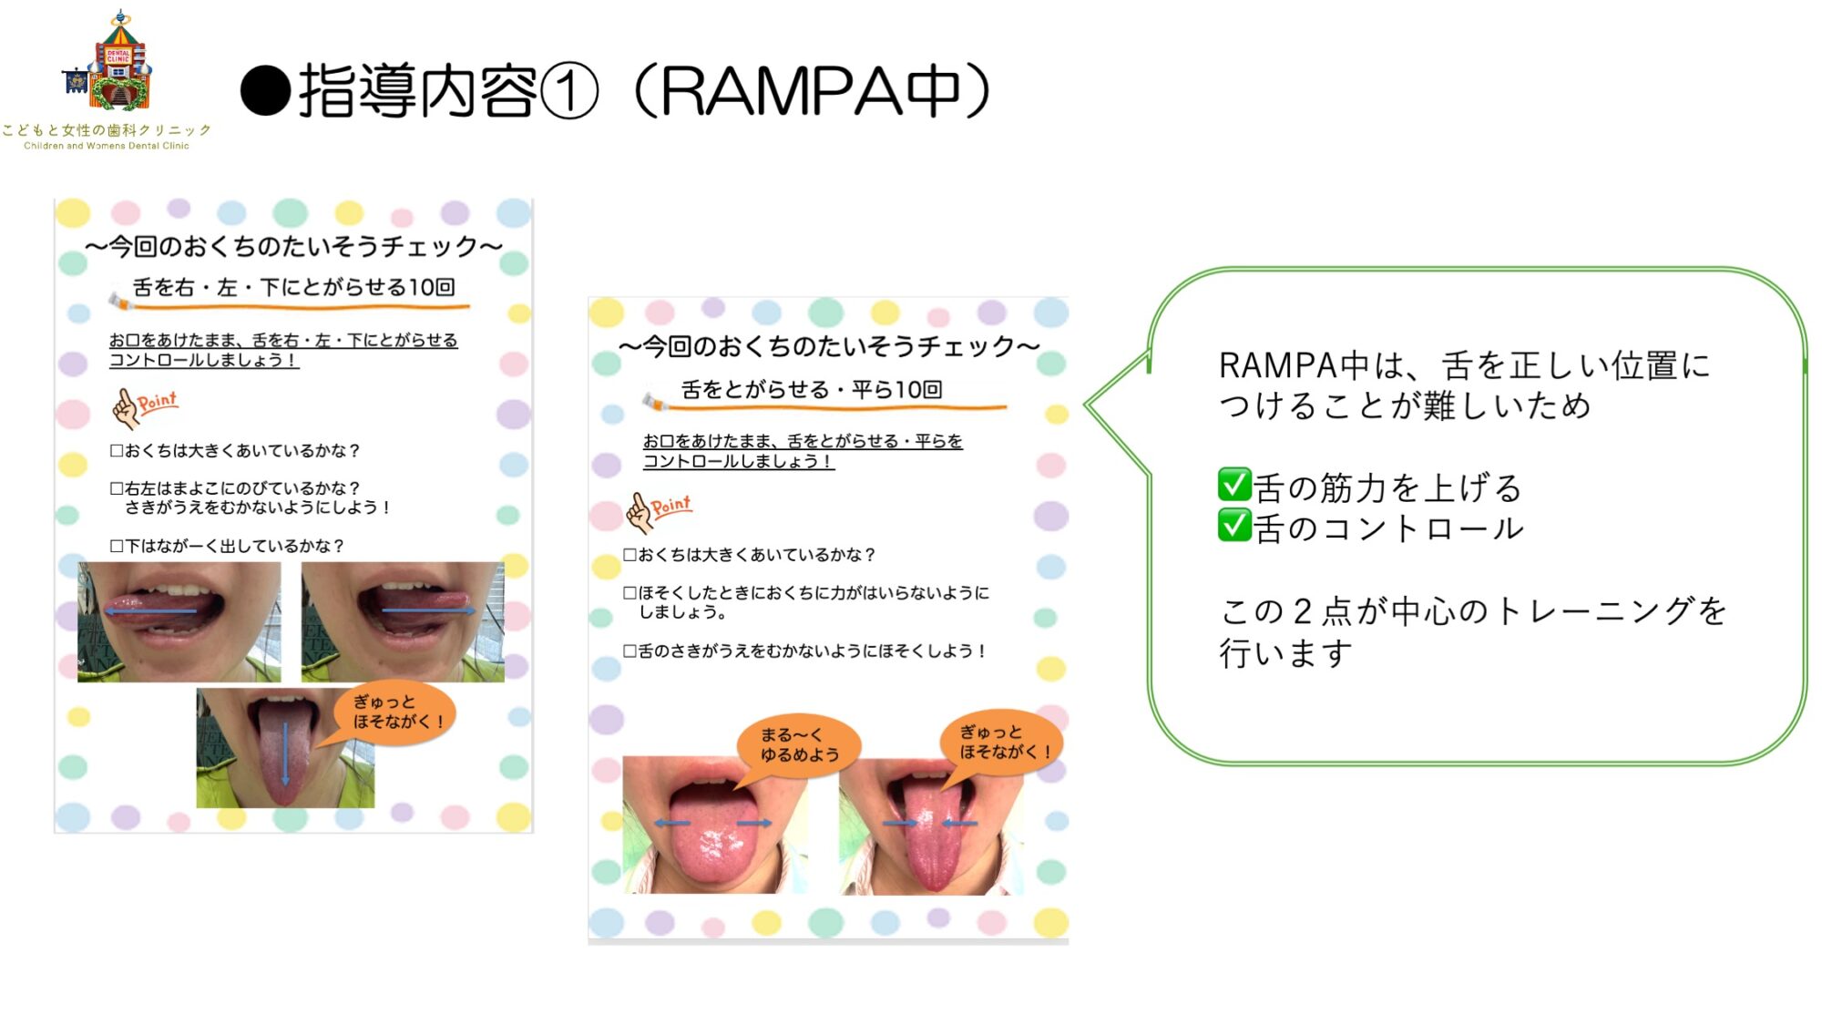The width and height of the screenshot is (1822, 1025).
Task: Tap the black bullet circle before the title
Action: click(x=265, y=91)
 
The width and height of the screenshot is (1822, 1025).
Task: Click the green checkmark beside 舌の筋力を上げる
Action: click(x=1234, y=485)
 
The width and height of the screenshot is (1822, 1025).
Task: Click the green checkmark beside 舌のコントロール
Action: click(x=1234, y=525)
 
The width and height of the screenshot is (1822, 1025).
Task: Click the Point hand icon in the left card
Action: click(x=144, y=406)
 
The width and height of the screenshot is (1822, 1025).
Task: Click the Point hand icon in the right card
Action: click(x=658, y=511)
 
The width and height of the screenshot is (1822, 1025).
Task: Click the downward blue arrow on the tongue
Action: click(x=285, y=753)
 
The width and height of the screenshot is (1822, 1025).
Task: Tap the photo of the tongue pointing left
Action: click(x=179, y=621)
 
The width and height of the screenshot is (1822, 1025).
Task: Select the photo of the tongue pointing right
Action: click(x=403, y=621)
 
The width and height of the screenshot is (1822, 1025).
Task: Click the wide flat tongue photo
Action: click(x=714, y=825)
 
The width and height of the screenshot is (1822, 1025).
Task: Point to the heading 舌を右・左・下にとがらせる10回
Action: click(x=293, y=287)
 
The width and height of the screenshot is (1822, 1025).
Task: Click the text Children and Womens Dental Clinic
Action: click(x=107, y=146)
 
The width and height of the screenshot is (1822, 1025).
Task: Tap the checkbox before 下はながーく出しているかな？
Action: click(x=117, y=546)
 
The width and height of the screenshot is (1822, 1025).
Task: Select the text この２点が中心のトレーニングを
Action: click(x=1473, y=610)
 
